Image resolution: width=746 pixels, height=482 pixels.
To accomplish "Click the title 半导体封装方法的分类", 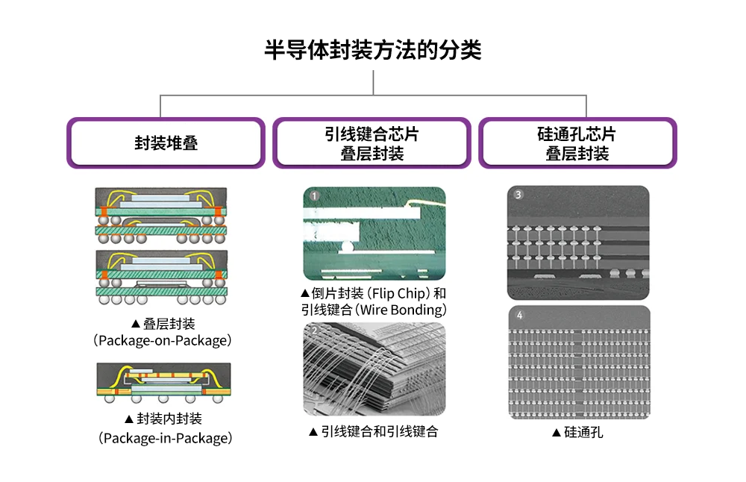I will [x=373, y=51].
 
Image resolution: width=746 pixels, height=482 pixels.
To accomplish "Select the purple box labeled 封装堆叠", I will [x=166, y=143].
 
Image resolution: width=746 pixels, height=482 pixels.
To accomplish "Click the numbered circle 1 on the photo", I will [x=315, y=197].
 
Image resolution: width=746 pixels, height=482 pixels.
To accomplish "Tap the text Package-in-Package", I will [x=165, y=438].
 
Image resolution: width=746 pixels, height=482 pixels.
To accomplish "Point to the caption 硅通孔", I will [x=583, y=432].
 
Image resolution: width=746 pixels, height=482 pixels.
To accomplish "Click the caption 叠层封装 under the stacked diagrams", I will [x=169, y=324].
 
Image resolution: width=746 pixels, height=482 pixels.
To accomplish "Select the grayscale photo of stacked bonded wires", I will [x=374, y=369].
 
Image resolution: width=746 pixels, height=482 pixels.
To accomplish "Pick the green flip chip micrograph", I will [x=374, y=233].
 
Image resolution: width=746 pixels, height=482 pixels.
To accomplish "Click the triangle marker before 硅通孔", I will [x=556, y=433].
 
